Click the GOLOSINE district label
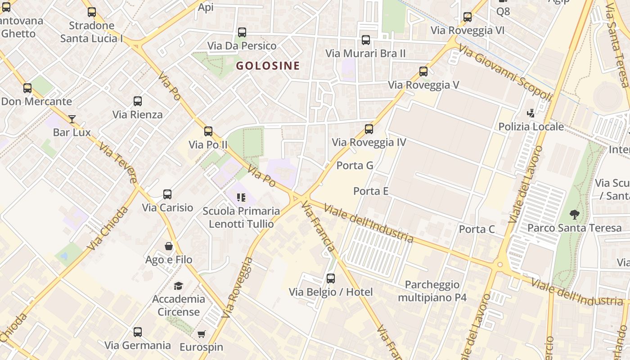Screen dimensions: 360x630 pyautogui.click(x=268, y=66)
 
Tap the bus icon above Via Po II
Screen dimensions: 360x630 pyautogui.click(x=208, y=131)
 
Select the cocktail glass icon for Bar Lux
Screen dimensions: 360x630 pyautogui.click(x=72, y=119)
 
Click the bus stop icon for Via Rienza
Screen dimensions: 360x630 pyautogui.click(x=138, y=101)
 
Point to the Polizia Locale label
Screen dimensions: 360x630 pyautogui.click(x=531, y=126)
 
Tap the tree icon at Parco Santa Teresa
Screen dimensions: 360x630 pyautogui.click(x=574, y=215)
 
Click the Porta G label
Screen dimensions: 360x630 pyautogui.click(x=355, y=166)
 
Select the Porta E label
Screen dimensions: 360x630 pyautogui.click(x=370, y=191)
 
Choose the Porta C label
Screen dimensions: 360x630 pyautogui.click(x=477, y=229)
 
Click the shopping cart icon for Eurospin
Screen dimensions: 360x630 pyautogui.click(x=201, y=334)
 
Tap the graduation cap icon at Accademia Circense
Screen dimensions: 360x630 pyautogui.click(x=179, y=286)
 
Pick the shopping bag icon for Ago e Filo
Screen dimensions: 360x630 pyautogui.click(x=169, y=246)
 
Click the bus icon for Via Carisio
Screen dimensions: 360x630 pyautogui.click(x=167, y=194)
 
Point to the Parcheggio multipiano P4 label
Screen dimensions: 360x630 pyautogui.click(x=432, y=291)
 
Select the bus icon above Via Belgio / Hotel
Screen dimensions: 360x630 pyautogui.click(x=331, y=279)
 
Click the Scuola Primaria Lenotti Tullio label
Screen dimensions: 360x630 pyautogui.click(x=241, y=217)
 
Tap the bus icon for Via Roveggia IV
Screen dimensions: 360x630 pyautogui.click(x=369, y=129)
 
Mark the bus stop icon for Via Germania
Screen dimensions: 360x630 pyautogui.click(x=138, y=332)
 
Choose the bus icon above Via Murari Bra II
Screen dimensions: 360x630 pyautogui.click(x=366, y=40)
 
